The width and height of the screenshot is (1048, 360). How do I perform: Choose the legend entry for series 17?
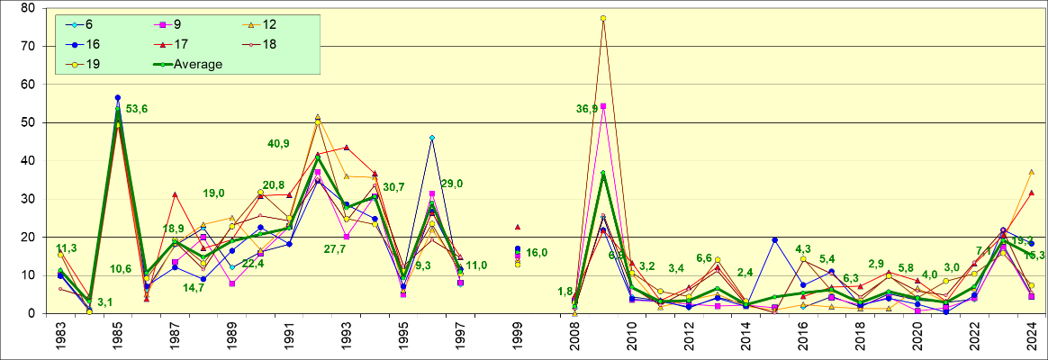[163, 41]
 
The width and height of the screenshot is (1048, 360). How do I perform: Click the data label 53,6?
[138, 109]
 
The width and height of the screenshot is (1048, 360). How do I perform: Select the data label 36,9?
[588, 109]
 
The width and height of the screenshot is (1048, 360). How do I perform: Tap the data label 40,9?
[279, 144]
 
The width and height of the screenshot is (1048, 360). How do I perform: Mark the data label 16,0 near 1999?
[538, 253]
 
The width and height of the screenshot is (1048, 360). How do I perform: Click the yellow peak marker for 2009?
[603, 18]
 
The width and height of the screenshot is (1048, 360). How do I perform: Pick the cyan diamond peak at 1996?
[432, 138]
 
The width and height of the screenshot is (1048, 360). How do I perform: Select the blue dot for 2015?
[774, 240]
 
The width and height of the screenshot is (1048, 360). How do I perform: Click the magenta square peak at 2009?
[603, 106]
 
